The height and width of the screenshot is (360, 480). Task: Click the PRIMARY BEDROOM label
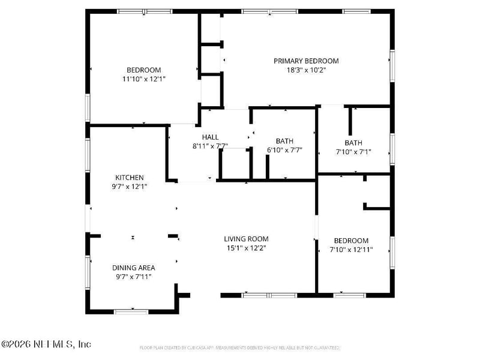point(306,61)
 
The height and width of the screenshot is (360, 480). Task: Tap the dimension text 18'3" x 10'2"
point(306,70)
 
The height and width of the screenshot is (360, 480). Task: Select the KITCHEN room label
point(130,178)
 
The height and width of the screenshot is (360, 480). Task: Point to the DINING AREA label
point(134,268)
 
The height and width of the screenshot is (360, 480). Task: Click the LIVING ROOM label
point(246,239)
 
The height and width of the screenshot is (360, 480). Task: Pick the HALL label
point(210,137)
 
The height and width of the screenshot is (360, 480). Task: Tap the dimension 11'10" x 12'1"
point(143,79)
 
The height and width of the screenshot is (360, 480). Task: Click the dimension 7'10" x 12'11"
point(351,250)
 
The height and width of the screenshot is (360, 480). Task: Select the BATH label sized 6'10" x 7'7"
point(284,142)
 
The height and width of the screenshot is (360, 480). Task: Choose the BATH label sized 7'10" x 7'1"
point(353,143)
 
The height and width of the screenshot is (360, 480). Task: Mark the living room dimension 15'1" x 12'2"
point(246,248)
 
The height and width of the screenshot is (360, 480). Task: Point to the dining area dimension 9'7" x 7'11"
point(134,277)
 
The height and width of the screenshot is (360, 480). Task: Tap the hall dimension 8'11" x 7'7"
point(210,146)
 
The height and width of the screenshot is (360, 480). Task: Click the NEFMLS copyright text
point(46,344)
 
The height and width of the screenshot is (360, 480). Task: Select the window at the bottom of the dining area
point(131,311)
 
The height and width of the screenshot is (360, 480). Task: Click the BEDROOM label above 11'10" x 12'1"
point(143,70)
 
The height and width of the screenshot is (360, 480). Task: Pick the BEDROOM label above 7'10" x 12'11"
point(351,241)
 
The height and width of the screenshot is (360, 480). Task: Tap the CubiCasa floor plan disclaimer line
point(240,347)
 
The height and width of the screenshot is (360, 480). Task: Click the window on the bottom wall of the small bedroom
point(349,295)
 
